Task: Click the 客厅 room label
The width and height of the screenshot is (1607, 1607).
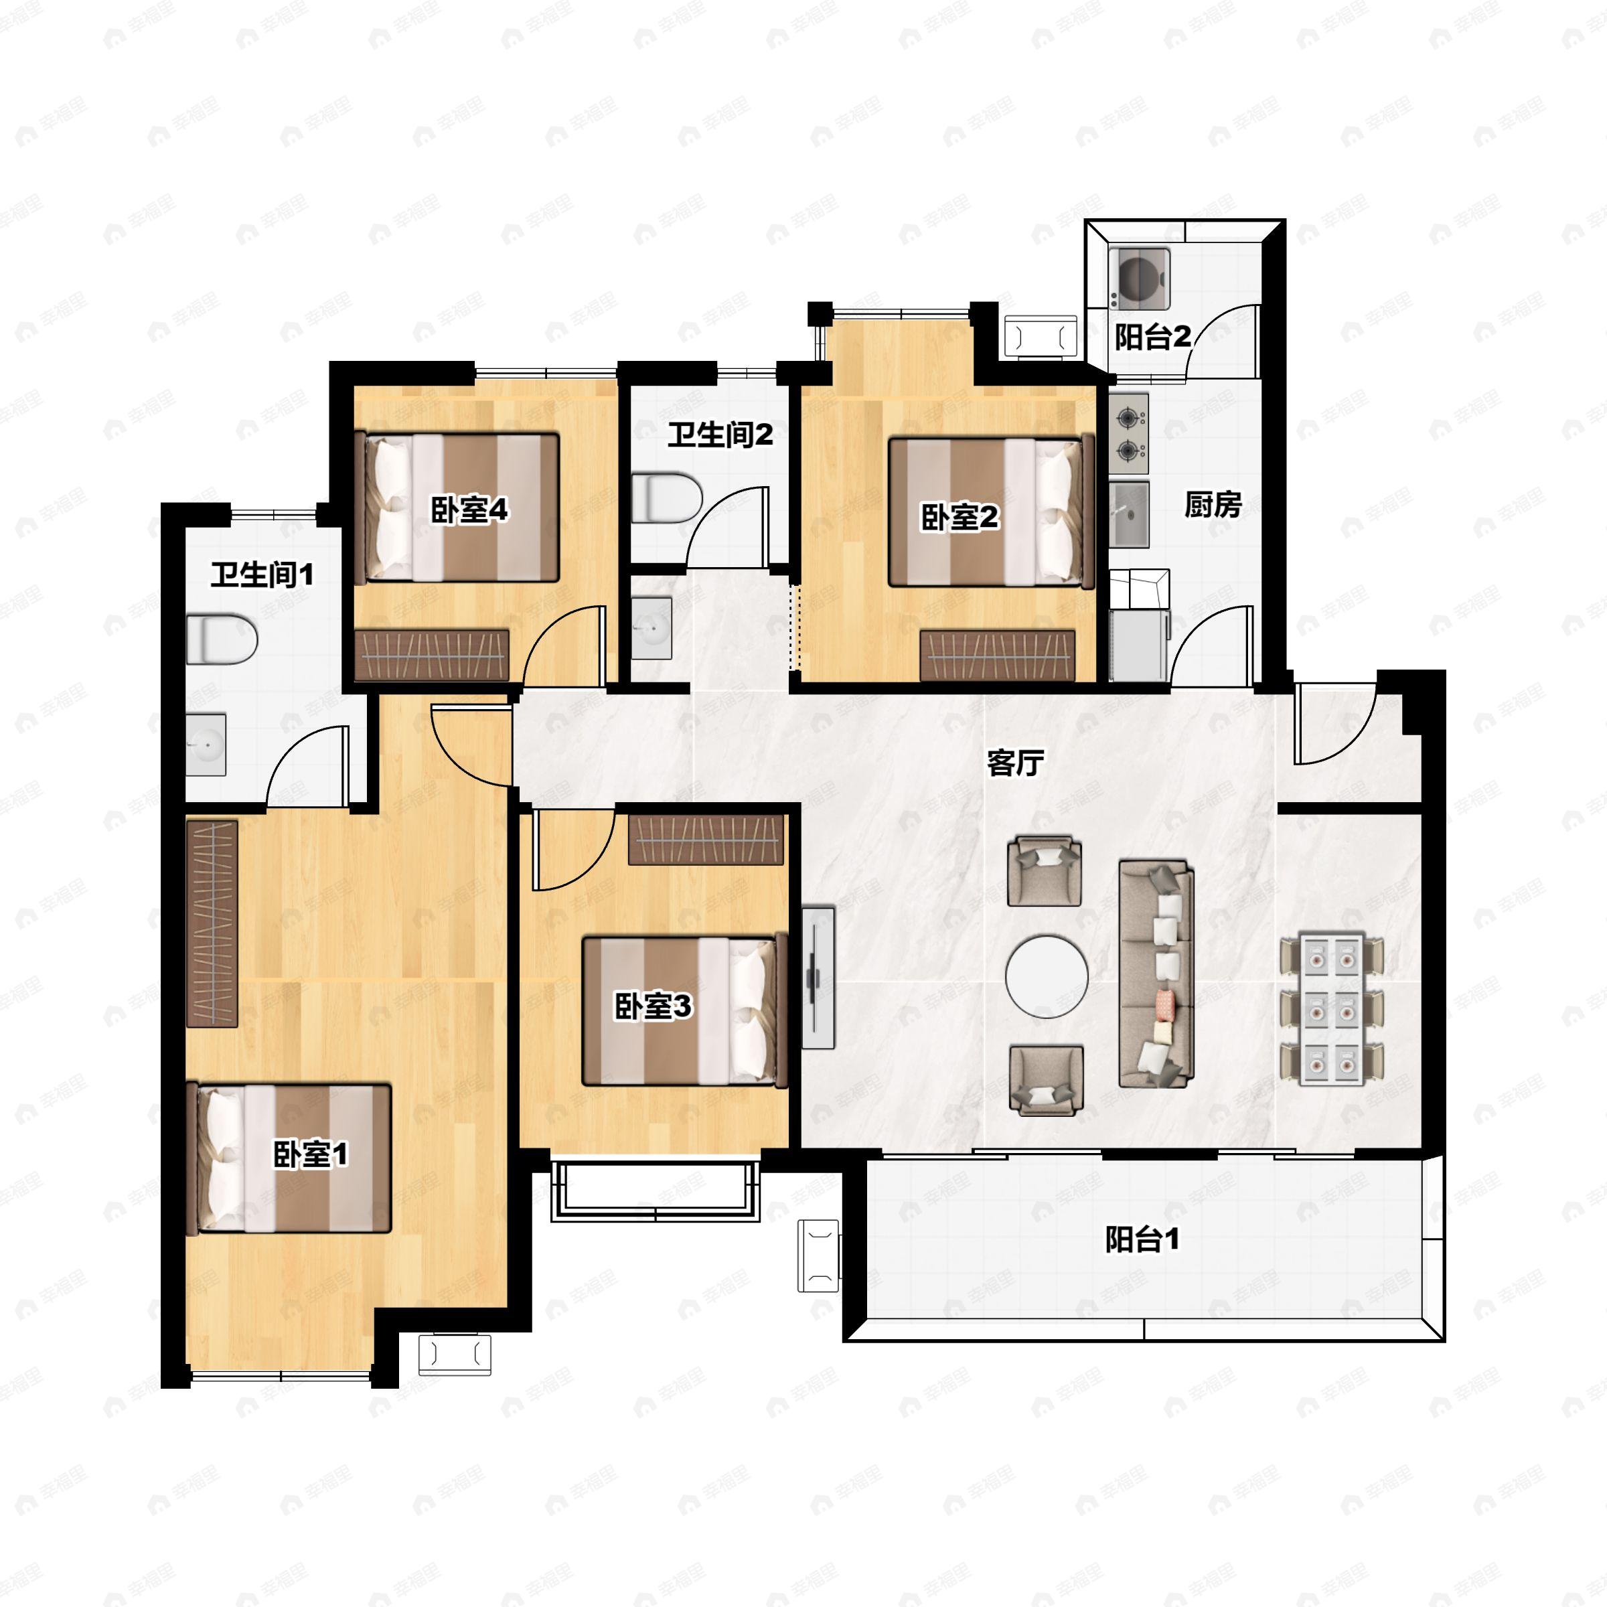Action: point(1015,763)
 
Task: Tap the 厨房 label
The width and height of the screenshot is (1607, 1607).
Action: point(1213,505)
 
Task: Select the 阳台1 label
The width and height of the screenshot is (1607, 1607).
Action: point(1142,1239)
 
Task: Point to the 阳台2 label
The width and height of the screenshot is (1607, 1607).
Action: point(1153,337)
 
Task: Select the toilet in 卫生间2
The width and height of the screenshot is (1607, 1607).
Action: point(667,498)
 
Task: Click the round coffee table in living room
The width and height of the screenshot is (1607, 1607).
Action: point(1047,978)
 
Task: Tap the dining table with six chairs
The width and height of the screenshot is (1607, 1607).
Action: point(1332,1009)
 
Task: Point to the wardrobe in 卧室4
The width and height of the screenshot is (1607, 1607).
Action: point(432,655)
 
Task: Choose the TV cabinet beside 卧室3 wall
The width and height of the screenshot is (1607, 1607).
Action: point(818,978)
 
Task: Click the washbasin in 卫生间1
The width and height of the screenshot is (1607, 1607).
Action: point(206,744)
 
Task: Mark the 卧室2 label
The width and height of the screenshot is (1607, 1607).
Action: point(959,518)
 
